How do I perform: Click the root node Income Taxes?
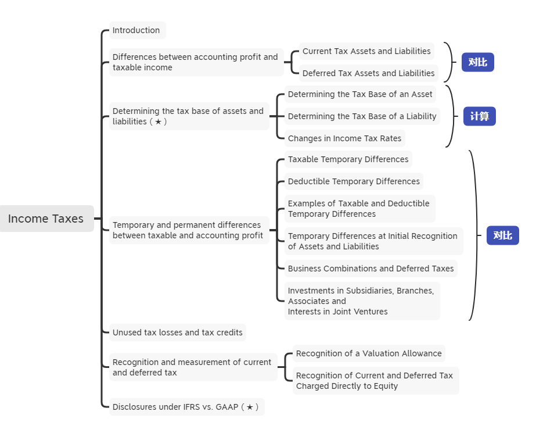pyautogui.click(x=46, y=219)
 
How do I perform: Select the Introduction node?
pyautogui.click(x=136, y=30)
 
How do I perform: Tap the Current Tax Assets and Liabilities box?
pyautogui.click(x=366, y=51)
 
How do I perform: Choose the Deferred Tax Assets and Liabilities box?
pyautogui.click(x=368, y=73)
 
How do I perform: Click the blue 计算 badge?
pyautogui.click(x=479, y=116)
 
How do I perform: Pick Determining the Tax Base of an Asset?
pyautogui.click(x=360, y=94)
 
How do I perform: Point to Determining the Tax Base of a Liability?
pyautogui.click(x=362, y=116)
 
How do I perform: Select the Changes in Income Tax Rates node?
pyautogui.click(x=344, y=138)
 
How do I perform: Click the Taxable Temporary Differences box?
pyautogui.click(x=348, y=159)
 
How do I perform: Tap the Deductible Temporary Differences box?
pyautogui.click(x=354, y=181)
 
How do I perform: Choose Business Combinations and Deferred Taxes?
pyautogui.click(x=370, y=269)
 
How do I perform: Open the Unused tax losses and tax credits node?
pyautogui.click(x=178, y=332)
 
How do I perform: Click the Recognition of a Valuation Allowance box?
pyautogui.click(x=369, y=353)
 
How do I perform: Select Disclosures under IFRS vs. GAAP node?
pyautogui.click(x=186, y=407)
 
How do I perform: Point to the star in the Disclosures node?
pyautogui.click(x=250, y=407)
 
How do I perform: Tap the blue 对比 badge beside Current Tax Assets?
pyautogui.click(x=477, y=62)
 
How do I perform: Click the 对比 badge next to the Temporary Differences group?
pyautogui.click(x=502, y=235)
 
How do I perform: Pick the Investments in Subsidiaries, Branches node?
pyautogui.click(x=361, y=301)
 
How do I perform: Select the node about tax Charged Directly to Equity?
pyautogui.click(x=375, y=381)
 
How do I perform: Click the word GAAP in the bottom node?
pyautogui.click(x=228, y=407)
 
